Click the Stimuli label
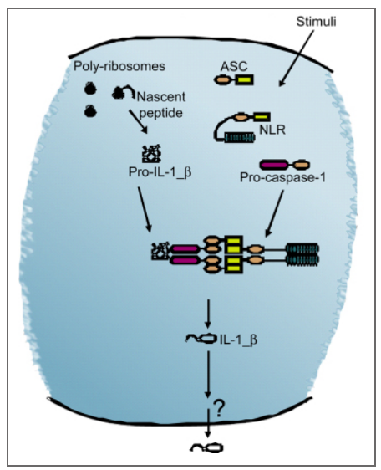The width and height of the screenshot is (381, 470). (x=316, y=22)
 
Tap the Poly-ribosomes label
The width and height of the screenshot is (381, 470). (x=119, y=66)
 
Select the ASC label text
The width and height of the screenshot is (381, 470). (x=234, y=66)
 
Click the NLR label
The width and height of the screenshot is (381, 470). (x=272, y=130)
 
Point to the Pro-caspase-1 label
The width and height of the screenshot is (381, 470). (x=282, y=178)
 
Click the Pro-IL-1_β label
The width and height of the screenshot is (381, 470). (x=160, y=172)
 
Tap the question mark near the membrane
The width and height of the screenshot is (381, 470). (x=219, y=409)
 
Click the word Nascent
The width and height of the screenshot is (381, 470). (x=161, y=97)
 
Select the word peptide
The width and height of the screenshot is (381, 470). (x=161, y=113)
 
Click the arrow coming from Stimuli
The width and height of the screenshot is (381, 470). (x=297, y=59)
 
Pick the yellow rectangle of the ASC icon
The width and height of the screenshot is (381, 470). (x=245, y=79)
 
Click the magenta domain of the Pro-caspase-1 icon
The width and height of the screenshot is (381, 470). (x=274, y=165)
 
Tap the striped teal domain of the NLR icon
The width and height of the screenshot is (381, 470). (x=240, y=137)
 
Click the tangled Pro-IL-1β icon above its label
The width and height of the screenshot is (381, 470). (x=151, y=154)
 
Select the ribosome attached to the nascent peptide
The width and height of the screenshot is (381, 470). (x=118, y=93)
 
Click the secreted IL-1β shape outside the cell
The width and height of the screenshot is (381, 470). (x=207, y=447)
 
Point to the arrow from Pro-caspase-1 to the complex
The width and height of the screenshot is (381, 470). (x=274, y=214)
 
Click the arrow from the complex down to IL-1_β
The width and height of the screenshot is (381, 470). (x=208, y=314)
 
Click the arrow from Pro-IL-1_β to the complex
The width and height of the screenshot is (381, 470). (x=145, y=210)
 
